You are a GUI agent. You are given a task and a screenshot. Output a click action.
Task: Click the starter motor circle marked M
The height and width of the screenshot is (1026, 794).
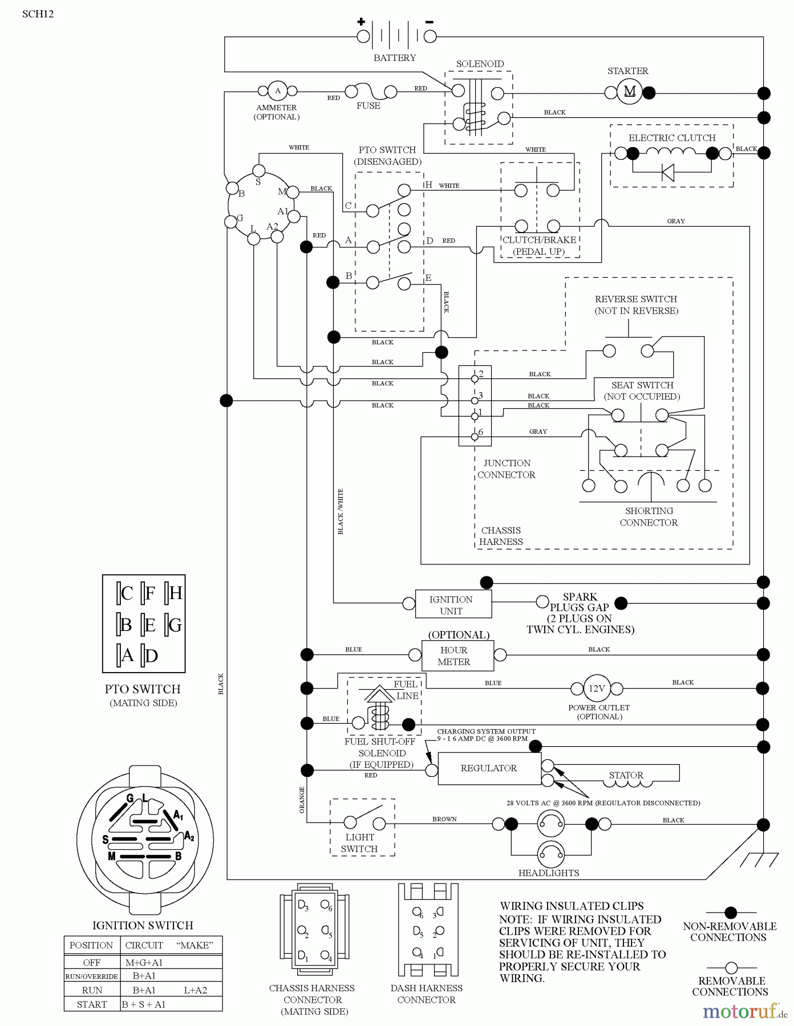click(x=630, y=92)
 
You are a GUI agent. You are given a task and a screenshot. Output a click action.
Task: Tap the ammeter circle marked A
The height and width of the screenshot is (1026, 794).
click(x=278, y=91)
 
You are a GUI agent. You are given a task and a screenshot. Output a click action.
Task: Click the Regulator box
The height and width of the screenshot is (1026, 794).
click(x=489, y=768)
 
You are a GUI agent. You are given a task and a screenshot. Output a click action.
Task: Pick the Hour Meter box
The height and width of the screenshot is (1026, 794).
click(x=457, y=656)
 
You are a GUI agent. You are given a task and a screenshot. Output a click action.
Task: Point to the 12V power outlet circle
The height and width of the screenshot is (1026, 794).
click(x=597, y=689)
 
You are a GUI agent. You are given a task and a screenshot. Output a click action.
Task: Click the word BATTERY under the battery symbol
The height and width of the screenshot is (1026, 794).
click(x=395, y=58)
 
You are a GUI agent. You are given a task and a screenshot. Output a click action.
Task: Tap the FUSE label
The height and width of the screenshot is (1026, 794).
click(x=368, y=105)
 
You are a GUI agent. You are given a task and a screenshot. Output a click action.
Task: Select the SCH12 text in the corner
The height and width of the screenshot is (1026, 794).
click(x=38, y=14)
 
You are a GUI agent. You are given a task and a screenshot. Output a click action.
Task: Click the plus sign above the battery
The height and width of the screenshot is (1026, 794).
click(x=361, y=22)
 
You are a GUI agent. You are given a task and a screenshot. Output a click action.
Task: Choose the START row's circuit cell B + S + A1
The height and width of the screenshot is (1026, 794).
click(x=144, y=1004)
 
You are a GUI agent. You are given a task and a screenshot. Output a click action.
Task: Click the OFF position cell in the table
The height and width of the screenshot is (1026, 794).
click(x=92, y=963)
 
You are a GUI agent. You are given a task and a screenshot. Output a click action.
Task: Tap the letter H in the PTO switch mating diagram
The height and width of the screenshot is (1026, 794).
click(x=176, y=593)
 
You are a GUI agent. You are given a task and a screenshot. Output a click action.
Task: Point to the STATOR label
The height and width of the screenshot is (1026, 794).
click(x=626, y=775)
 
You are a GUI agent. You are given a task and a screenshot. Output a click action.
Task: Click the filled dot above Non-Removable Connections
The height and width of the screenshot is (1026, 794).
click(x=731, y=913)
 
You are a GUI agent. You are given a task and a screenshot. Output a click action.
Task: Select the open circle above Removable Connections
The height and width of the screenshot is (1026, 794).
click(x=731, y=968)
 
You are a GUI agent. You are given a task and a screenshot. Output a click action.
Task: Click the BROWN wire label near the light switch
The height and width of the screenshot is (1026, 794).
click(x=444, y=819)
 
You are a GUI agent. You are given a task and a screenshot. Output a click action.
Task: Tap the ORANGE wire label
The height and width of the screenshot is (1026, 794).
click(x=302, y=800)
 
